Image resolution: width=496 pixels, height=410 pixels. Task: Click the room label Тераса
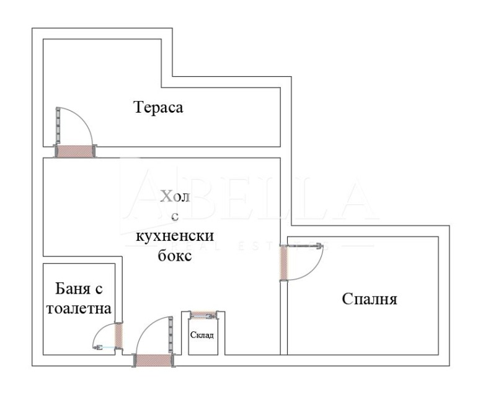click(159, 107)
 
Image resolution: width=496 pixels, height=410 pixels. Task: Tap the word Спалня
click(370, 299)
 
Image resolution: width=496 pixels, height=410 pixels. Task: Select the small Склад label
click(201, 335)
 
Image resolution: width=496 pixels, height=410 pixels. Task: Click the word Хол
click(176, 197)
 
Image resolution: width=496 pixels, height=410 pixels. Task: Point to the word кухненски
click(175, 236)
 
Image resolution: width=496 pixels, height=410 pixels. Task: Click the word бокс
click(175, 255)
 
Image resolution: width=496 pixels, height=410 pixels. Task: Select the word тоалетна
click(79, 308)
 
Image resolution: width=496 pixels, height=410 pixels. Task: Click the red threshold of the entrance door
click(153, 360)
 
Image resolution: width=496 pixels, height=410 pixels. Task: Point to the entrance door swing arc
click(144, 328)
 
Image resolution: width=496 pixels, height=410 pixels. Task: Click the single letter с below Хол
click(175, 216)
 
